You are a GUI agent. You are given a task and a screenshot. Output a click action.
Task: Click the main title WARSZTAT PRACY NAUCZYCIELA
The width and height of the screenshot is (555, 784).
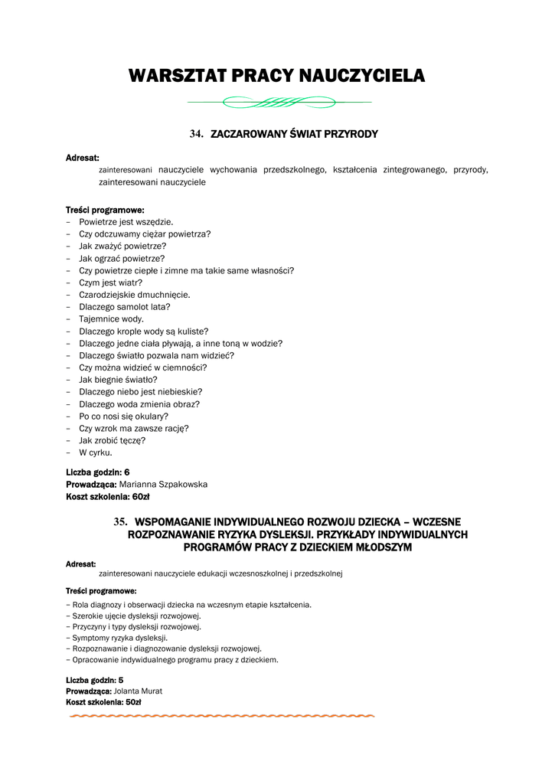pyautogui.click(x=276, y=76)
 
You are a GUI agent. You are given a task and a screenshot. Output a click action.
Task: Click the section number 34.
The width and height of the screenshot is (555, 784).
pyautogui.click(x=196, y=134)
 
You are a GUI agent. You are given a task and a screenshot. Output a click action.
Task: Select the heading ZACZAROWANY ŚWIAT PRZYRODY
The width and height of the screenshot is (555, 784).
pyautogui.click(x=294, y=134)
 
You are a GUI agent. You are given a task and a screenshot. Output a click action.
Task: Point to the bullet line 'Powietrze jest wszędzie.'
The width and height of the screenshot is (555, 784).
pyautogui.click(x=121, y=222)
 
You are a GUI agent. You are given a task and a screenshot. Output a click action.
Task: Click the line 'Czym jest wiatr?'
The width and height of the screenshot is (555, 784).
pyautogui.click(x=110, y=283)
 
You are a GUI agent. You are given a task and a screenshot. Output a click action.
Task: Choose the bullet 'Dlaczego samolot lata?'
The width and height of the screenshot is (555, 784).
pyautogui.click(x=125, y=307)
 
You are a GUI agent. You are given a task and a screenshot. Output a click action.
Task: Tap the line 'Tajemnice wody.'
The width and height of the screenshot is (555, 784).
pyautogui.click(x=111, y=319)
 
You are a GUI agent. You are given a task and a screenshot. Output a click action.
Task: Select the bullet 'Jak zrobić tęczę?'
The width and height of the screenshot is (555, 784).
pyautogui.click(x=113, y=440)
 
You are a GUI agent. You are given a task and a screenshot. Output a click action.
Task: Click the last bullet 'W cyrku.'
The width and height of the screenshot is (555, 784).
pyautogui.click(x=96, y=452)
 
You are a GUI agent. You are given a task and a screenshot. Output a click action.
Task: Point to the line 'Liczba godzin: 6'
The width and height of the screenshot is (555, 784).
pyautogui.click(x=97, y=472)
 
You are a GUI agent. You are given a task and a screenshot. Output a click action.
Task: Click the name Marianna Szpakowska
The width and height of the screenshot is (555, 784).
pyautogui.click(x=163, y=485)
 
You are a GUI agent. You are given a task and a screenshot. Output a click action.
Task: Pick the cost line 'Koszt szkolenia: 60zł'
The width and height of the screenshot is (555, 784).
pyautogui.click(x=107, y=497)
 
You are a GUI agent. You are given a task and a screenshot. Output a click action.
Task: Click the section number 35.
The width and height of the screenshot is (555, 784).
pyautogui.click(x=119, y=521)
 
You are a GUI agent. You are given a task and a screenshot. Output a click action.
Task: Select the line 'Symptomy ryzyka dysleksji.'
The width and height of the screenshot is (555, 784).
pyautogui.click(x=119, y=638)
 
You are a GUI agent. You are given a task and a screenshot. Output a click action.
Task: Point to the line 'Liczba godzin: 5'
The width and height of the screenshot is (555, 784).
pyautogui.click(x=95, y=680)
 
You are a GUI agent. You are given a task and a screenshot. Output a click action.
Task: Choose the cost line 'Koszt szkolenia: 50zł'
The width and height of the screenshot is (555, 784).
pyautogui.click(x=103, y=702)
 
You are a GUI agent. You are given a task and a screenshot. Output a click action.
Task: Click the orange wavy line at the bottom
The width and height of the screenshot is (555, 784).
pyautogui.click(x=222, y=717)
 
